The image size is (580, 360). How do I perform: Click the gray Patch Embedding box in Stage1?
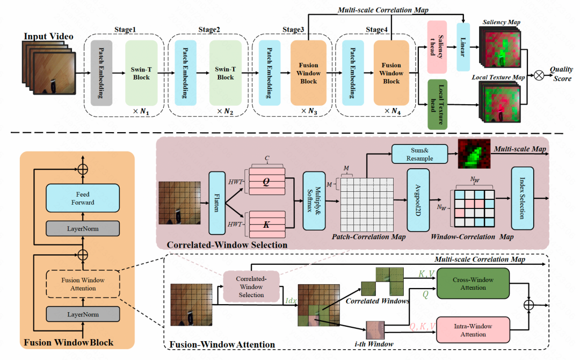coord(102,73)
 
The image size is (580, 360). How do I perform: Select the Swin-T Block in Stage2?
coord(225,73)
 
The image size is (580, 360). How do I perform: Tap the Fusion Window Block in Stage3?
coord(308,73)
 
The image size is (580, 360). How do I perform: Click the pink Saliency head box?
coord(437,47)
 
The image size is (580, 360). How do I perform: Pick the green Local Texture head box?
coord(437,104)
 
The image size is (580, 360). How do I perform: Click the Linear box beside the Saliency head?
coord(463,47)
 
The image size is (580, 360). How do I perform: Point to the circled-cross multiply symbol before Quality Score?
coord(539,75)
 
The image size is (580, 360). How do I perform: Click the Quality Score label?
coord(562,74)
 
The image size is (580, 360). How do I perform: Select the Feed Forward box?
coord(83,198)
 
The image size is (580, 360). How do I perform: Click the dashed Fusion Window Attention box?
coord(83,284)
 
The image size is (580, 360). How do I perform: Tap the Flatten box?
coord(217,203)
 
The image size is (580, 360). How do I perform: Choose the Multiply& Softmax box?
coord(314,200)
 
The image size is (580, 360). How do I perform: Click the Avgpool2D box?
coord(418,200)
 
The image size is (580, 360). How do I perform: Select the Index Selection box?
coord(523,198)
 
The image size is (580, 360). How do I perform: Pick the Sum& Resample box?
coord(419,154)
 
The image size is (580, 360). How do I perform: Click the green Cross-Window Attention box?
coord(473,284)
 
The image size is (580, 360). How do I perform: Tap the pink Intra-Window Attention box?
coord(473,330)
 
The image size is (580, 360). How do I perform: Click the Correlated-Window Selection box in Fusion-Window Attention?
coord(251,287)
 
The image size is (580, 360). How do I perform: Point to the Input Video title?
coord(48,36)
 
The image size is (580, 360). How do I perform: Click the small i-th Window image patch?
coord(375,330)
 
